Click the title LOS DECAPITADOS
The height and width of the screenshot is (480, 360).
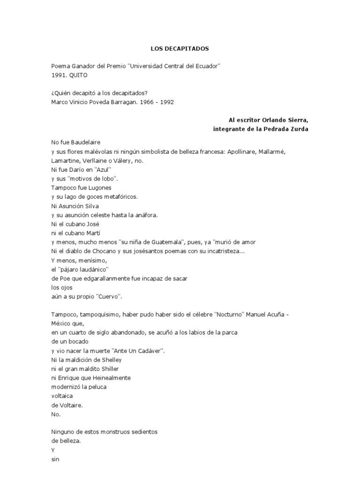tap(180, 48)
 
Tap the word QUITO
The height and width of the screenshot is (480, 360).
tap(78, 75)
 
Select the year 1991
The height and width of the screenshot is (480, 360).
tap(58, 75)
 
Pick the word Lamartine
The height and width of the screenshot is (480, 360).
tap(66, 160)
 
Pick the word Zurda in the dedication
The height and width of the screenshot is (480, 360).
tap(300, 129)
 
